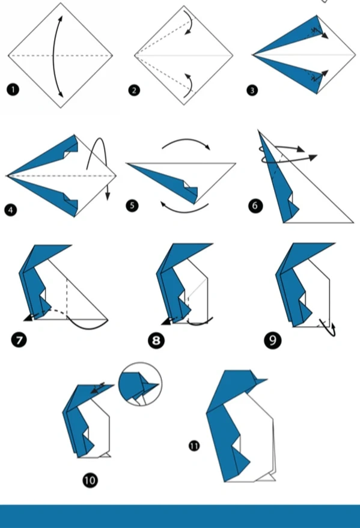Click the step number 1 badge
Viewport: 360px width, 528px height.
point(13,90)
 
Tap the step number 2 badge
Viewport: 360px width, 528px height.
point(134,90)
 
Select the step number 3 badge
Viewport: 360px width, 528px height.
point(252,90)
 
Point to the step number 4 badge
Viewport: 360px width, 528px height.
point(10,210)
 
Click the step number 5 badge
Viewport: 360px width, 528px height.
point(132,205)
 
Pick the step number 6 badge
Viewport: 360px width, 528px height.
point(255,206)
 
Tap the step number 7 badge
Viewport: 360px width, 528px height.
point(19,339)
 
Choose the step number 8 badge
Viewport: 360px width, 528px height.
point(156,341)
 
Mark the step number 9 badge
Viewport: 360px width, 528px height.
point(273,341)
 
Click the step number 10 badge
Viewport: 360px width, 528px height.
point(90,480)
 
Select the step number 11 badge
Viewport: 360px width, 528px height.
point(194,446)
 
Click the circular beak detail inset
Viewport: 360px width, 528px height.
point(140,384)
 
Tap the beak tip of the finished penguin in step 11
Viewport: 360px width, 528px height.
point(267,380)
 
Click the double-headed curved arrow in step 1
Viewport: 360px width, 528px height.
point(53,56)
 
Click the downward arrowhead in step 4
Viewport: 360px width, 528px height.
point(108,196)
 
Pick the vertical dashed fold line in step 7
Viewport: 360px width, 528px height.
point(67,298)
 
